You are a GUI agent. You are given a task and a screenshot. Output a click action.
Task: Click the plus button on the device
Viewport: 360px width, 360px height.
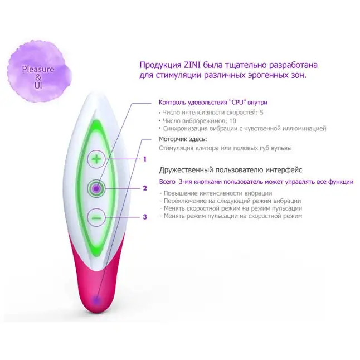click(96, 159)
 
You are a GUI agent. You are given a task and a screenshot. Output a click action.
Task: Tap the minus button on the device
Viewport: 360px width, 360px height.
click(96, 217)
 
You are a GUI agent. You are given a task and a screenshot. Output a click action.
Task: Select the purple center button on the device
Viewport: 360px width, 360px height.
click(96, 188)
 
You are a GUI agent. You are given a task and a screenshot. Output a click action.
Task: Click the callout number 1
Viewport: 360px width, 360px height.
click(145, 159)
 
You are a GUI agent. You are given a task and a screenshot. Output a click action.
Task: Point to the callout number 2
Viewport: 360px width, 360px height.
click(145, 188)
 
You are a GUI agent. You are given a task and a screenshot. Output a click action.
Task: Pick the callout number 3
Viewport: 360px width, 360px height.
click(145, 217)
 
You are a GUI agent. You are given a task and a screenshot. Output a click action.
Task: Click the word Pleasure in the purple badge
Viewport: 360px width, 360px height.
click(38, 69)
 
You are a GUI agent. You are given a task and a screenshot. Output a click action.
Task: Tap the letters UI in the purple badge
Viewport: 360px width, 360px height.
click(38, 86)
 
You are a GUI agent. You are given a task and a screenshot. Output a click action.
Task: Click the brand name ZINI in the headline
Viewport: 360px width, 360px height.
click(192, 65)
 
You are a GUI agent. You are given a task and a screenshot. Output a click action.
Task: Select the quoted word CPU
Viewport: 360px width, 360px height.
click(237, 103)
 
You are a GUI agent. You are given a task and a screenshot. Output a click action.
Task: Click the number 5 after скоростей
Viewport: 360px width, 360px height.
click(261, 113)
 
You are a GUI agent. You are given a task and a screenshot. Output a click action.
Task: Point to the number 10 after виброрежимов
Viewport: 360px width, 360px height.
click(232, 121)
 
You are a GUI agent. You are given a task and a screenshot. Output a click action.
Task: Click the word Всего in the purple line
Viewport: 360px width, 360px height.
click(167, 182)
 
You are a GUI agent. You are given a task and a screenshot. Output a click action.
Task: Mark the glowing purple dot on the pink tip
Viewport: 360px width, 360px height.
click(96, 300)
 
